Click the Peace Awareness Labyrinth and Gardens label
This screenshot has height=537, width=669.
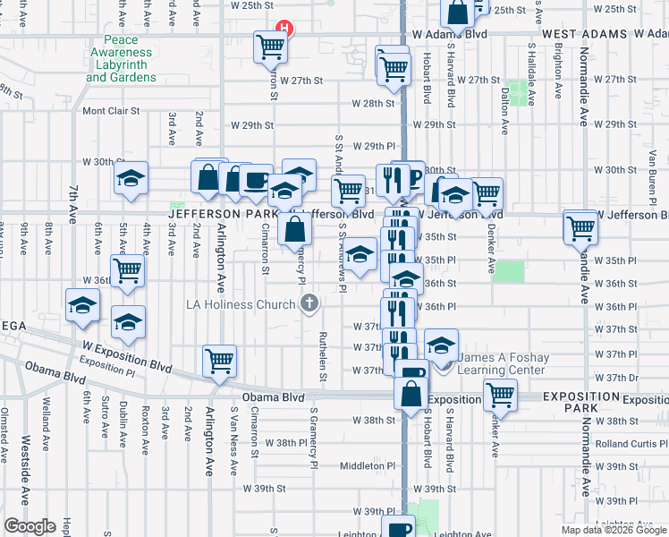tap(121, 59)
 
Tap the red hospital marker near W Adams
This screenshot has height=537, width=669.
tap(284, 28)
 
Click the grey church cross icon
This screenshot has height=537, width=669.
tap(309, 303)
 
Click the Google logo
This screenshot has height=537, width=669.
tap(30, 526)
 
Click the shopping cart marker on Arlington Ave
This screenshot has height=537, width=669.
tap(219, 361)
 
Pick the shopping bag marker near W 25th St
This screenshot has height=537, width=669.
tap(457, 13)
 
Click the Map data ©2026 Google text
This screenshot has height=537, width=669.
tap(614, 530)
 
